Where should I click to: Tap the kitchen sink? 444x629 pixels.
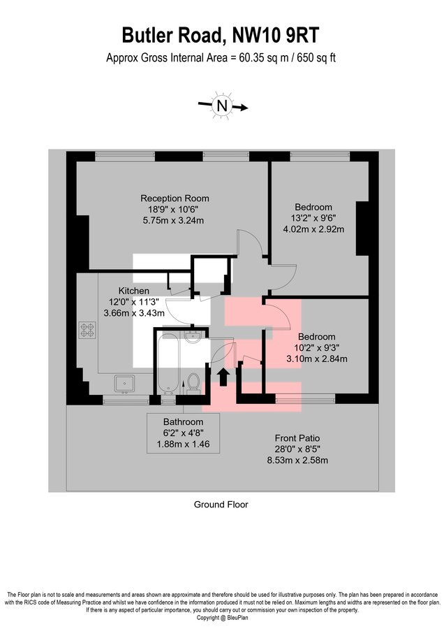coord(125,382)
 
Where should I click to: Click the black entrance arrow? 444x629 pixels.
coord(223,377)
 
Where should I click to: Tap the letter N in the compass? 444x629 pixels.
coord(222,106)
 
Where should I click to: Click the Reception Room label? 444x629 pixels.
coord(175,198)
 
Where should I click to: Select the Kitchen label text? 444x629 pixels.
coord(133,291)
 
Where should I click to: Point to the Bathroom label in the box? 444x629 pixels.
coord(183,422)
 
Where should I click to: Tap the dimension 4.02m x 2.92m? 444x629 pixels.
coord(313,229)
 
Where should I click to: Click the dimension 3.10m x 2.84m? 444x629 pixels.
coord(318,359)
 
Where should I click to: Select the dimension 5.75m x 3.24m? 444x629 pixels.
coord(175,221)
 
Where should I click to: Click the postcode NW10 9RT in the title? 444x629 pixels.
coord(281,35)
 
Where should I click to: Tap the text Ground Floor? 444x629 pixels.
coord(221,504)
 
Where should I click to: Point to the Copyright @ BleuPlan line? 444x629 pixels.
coord(222,618)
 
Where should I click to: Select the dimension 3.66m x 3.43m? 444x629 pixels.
coord(133,313)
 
